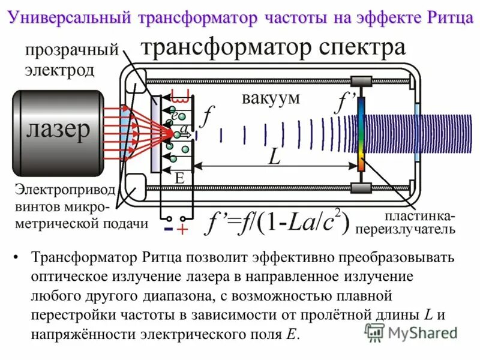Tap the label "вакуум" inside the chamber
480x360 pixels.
tap(271, 98)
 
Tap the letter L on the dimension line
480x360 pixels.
tap(274, 157)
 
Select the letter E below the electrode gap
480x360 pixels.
tap(179, 178)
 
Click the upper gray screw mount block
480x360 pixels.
tap(361, 80)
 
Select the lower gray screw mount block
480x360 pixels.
tap(361, 188)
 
